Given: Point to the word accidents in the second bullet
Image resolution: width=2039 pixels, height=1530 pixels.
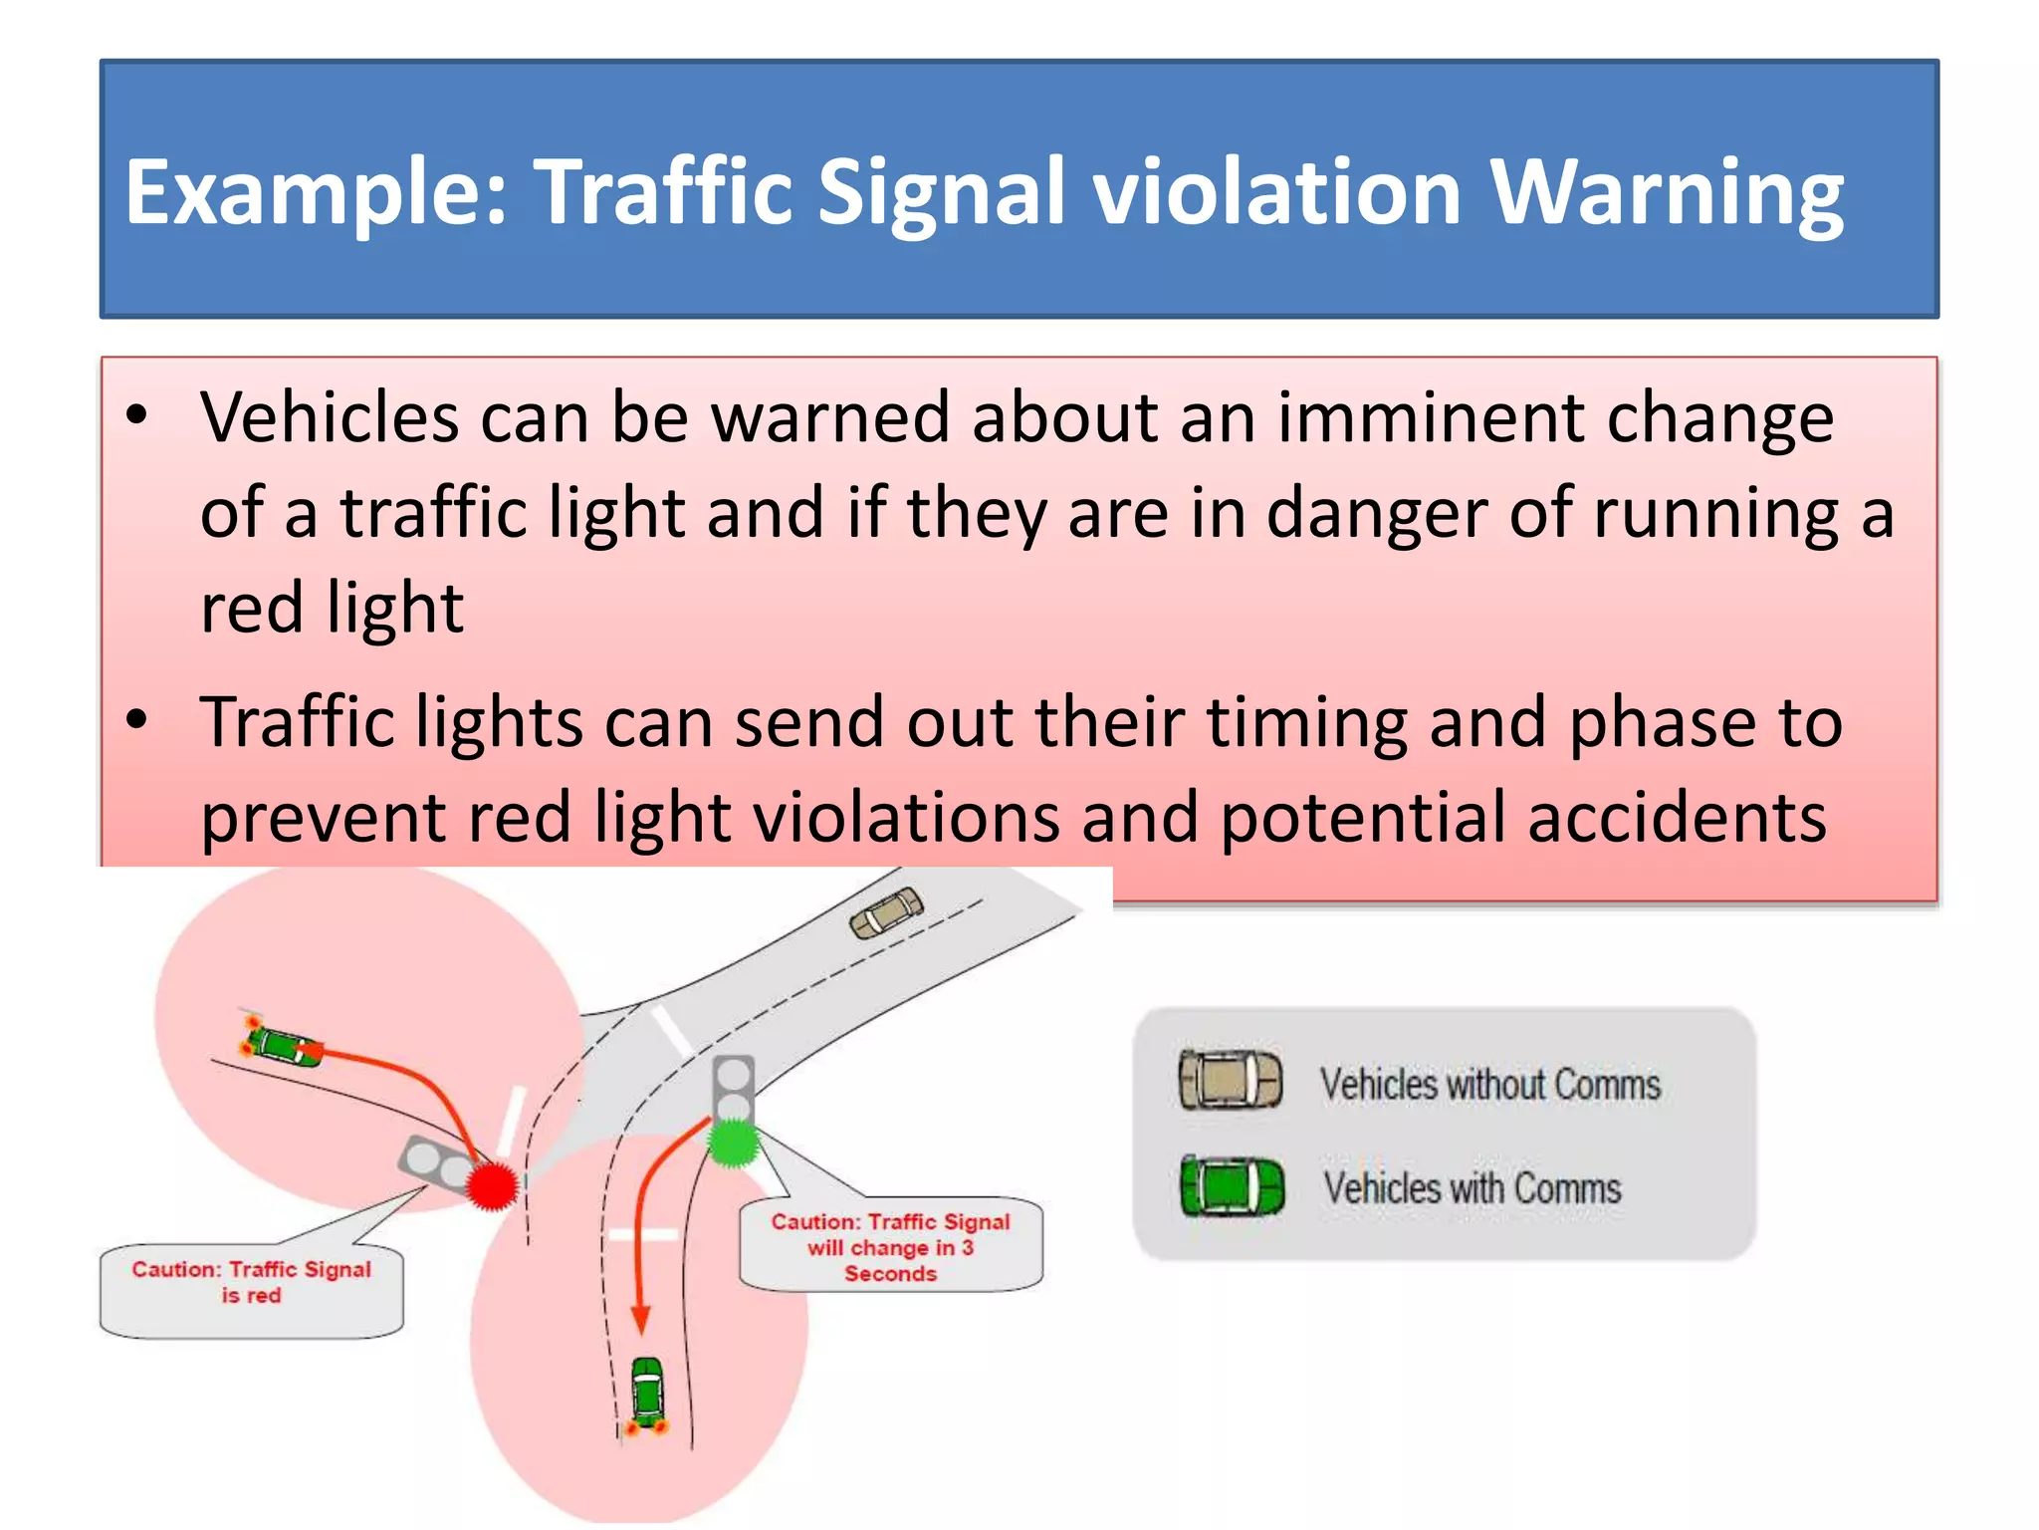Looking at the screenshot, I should click(1677, 817).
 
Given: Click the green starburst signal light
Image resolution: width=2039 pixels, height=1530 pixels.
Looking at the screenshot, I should click(733, 1144).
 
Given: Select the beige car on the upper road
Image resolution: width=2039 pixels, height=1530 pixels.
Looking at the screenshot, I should click(886, 911).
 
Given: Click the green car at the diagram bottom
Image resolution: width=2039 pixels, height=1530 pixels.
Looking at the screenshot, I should click(647, 1393).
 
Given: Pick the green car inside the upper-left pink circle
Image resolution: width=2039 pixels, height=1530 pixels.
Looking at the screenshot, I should click(284, 1045).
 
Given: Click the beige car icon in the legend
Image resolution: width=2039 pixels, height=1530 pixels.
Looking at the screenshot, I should click(1231, 1080).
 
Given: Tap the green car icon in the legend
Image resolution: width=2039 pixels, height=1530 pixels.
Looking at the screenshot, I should click(1232, 1185).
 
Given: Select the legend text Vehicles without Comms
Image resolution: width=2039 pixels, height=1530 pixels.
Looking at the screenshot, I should click(1490, 1084).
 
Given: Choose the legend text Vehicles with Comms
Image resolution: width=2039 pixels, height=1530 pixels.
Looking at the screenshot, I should click(1472, 1188).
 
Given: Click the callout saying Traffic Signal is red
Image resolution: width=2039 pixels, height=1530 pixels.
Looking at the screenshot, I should click(251, 1285).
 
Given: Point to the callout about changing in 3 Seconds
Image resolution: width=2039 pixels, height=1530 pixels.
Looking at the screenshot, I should click(890, 1246).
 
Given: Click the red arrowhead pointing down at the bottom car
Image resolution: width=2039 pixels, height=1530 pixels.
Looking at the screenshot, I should click(641, 1319).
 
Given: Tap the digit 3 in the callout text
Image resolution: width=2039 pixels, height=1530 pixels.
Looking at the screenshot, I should click(967, 1247).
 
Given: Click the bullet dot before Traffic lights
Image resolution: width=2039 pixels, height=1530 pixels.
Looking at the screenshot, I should click(137, 719).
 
